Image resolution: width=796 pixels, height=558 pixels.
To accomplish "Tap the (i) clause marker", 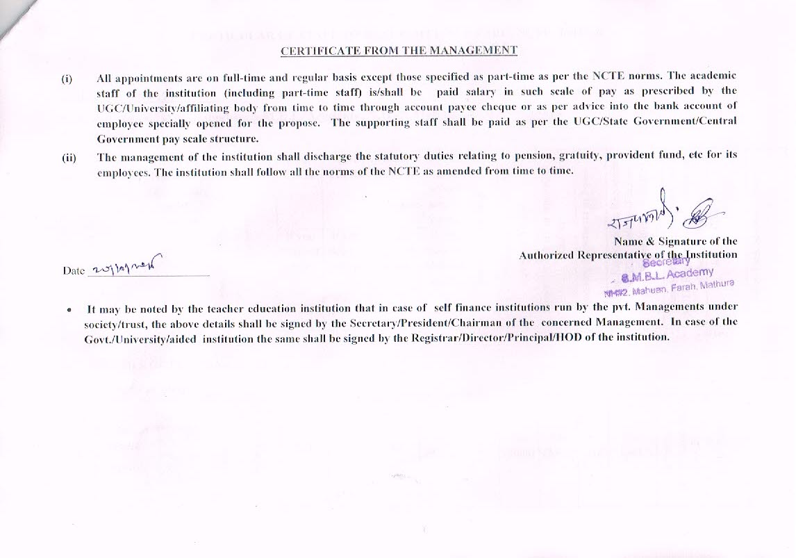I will click(67, 79).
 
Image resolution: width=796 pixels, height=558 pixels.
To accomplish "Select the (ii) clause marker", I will click(69, 157).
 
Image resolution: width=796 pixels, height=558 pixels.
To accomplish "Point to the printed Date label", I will click(73, 270).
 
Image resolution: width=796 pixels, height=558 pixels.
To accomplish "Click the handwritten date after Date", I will click(124, 266).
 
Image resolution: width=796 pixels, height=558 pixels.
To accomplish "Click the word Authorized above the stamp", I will click(546, 255).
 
